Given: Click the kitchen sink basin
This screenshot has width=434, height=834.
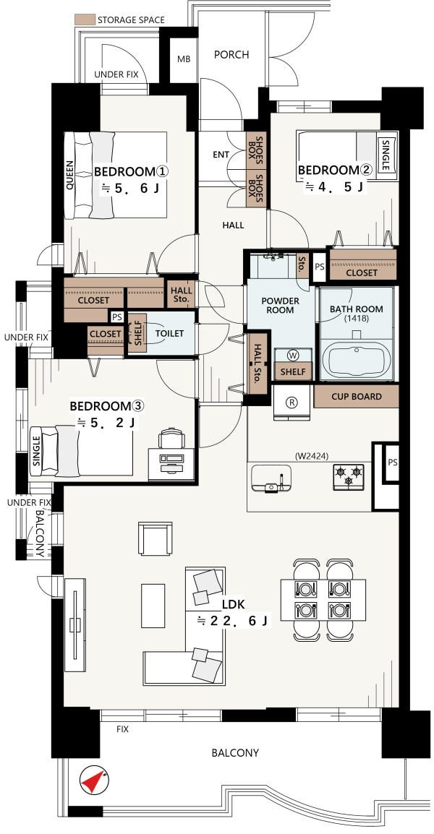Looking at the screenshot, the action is point(271,478).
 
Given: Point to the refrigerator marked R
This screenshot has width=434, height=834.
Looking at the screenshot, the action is point(292,402).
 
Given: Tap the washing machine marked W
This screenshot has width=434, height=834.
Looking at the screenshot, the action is point(292,355).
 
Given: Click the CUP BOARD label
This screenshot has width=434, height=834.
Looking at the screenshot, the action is point(357,396).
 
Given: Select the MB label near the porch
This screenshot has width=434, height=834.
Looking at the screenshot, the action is point(183,59).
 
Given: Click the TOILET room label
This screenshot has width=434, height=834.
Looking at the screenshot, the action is point(169,333).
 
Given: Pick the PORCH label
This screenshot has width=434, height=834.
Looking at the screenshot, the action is point(231,54).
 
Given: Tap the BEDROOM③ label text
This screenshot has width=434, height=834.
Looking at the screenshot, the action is point(107,406).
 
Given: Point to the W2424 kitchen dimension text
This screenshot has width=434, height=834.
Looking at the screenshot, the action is point(312,455).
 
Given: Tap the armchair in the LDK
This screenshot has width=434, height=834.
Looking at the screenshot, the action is point(156,538).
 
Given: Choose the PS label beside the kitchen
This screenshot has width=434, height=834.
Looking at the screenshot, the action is point(393,463).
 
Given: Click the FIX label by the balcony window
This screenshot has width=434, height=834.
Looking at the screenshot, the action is point(122,729).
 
